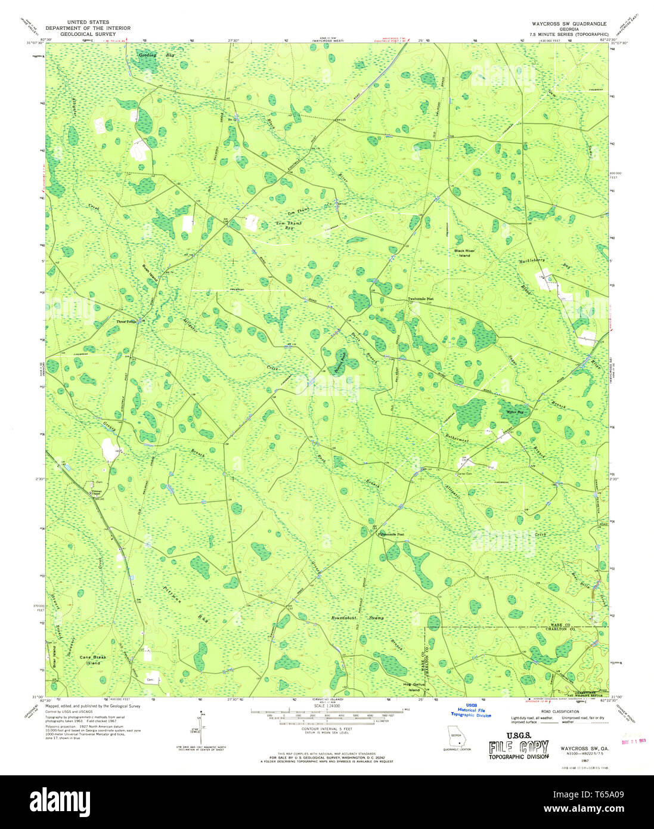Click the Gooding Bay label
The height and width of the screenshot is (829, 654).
click(x=149, y=55)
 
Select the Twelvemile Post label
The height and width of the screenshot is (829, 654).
click(x=420, y=299)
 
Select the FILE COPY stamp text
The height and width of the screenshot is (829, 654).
click(x=518, y=747)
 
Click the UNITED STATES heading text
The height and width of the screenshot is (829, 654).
click(x=88, y=22)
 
